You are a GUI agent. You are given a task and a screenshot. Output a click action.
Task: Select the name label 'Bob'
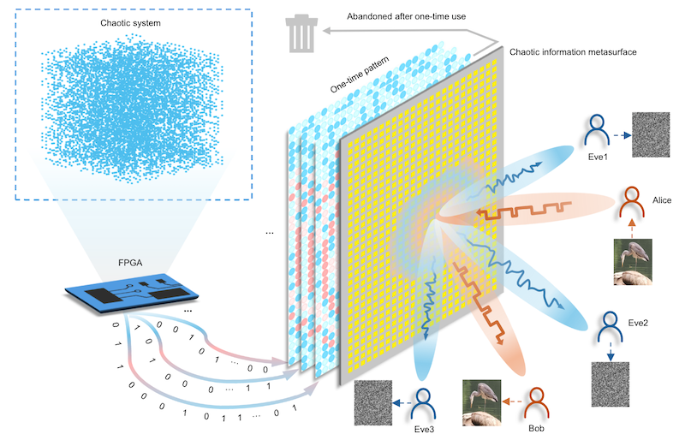[x=537, y=426]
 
